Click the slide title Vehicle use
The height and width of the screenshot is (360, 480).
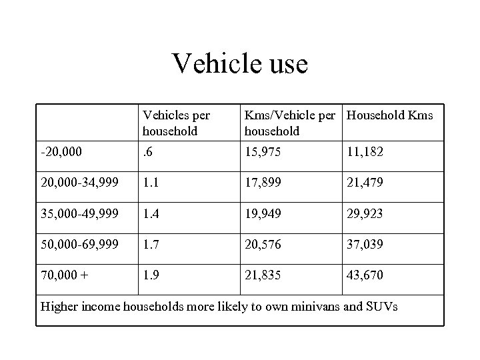point(240,64)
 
